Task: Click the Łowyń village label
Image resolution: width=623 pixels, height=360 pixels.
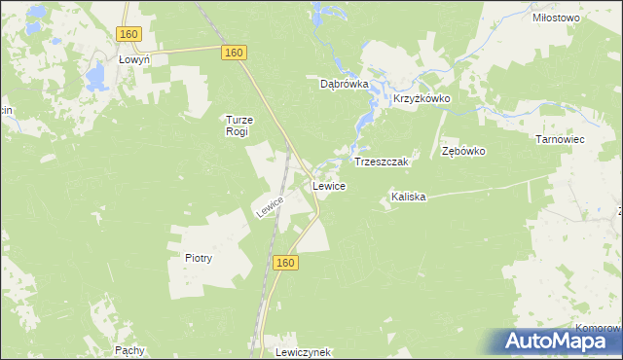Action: click(133, 59)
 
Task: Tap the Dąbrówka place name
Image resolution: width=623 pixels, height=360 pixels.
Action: click(345, 84)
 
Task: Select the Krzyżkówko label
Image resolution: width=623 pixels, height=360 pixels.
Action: click(421, 99)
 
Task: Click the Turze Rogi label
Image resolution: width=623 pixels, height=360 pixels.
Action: click(238, 125)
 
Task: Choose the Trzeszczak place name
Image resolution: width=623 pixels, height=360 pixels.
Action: click(385, 161)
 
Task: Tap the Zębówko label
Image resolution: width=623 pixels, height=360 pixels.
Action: click(462, 152)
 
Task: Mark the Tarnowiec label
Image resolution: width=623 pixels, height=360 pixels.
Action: click(559, 139)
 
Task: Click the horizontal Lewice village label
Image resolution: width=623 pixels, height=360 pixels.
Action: click(328, 185)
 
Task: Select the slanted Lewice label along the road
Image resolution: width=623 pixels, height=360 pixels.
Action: click(270, 205)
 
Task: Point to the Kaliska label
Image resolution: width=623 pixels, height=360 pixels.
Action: click(408, 197)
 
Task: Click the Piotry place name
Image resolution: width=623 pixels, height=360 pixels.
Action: click(198, 258)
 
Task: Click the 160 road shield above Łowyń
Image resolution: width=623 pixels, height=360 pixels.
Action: click(129, 34)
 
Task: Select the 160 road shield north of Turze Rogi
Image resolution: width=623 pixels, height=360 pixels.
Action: click(233, 53)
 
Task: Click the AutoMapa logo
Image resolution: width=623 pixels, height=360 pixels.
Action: click(560, 341)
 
